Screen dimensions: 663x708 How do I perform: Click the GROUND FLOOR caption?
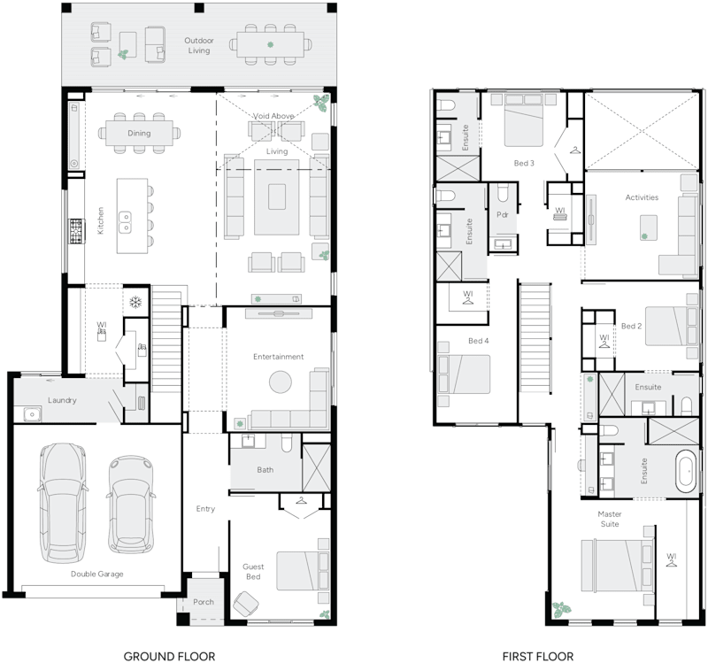(x=169, y=656)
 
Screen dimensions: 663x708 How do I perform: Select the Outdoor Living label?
(x=197, y=45)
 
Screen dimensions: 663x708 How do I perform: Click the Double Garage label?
(x=97, y=574)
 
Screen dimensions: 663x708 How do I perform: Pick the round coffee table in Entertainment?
(x=280, y=382)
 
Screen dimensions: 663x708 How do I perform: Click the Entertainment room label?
(x=278, y=357)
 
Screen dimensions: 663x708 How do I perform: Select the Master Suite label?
(x=609, y=519)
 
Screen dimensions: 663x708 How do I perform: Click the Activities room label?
(x=641, y=197)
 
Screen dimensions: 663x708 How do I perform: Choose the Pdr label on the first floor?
(x=502, y=214)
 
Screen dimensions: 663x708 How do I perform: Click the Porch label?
(x=203, y=602)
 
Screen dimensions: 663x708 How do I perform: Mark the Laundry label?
(x=62, y=400)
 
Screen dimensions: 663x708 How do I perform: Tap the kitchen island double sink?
(x=127, y=221)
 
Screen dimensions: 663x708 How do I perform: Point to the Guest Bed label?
(x=253, y=571)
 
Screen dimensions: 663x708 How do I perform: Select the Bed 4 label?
(x=478, y=341)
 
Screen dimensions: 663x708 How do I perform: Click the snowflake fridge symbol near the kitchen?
(x=135, y=302)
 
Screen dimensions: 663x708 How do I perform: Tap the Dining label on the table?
(x=138, y=134)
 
